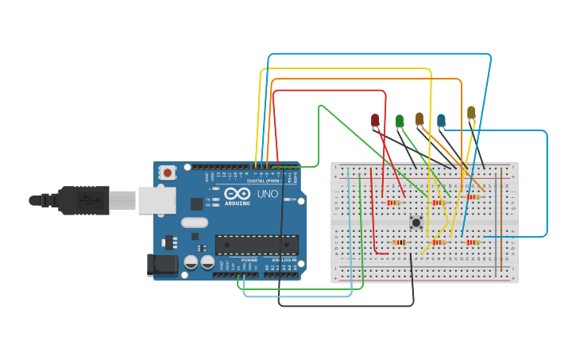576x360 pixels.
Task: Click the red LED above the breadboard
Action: (x=375, y=120)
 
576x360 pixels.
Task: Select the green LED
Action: (x=400, y=121)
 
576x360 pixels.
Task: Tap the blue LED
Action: (x=441, y=121)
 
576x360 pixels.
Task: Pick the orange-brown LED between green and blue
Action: (x=419, y=118)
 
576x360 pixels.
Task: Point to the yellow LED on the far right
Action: (x=471, y=113)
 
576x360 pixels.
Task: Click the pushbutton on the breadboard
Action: (x=415, y=223)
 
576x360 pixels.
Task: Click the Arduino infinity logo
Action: (x=238, y=193)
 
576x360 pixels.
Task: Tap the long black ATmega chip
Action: (x=257, y=245)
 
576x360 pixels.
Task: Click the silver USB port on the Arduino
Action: (x=157, y=200)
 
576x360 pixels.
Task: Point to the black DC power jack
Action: (x=162, y=265)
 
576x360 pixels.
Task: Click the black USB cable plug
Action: (x=83, y=200)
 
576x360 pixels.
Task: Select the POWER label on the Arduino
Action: (x=249, y=260)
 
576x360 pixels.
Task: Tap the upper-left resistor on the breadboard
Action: (x=393, y=202)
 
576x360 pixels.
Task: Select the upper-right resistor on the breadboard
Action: (x=474, y=197)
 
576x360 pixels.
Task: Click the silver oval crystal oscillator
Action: (x=195, y=223)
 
